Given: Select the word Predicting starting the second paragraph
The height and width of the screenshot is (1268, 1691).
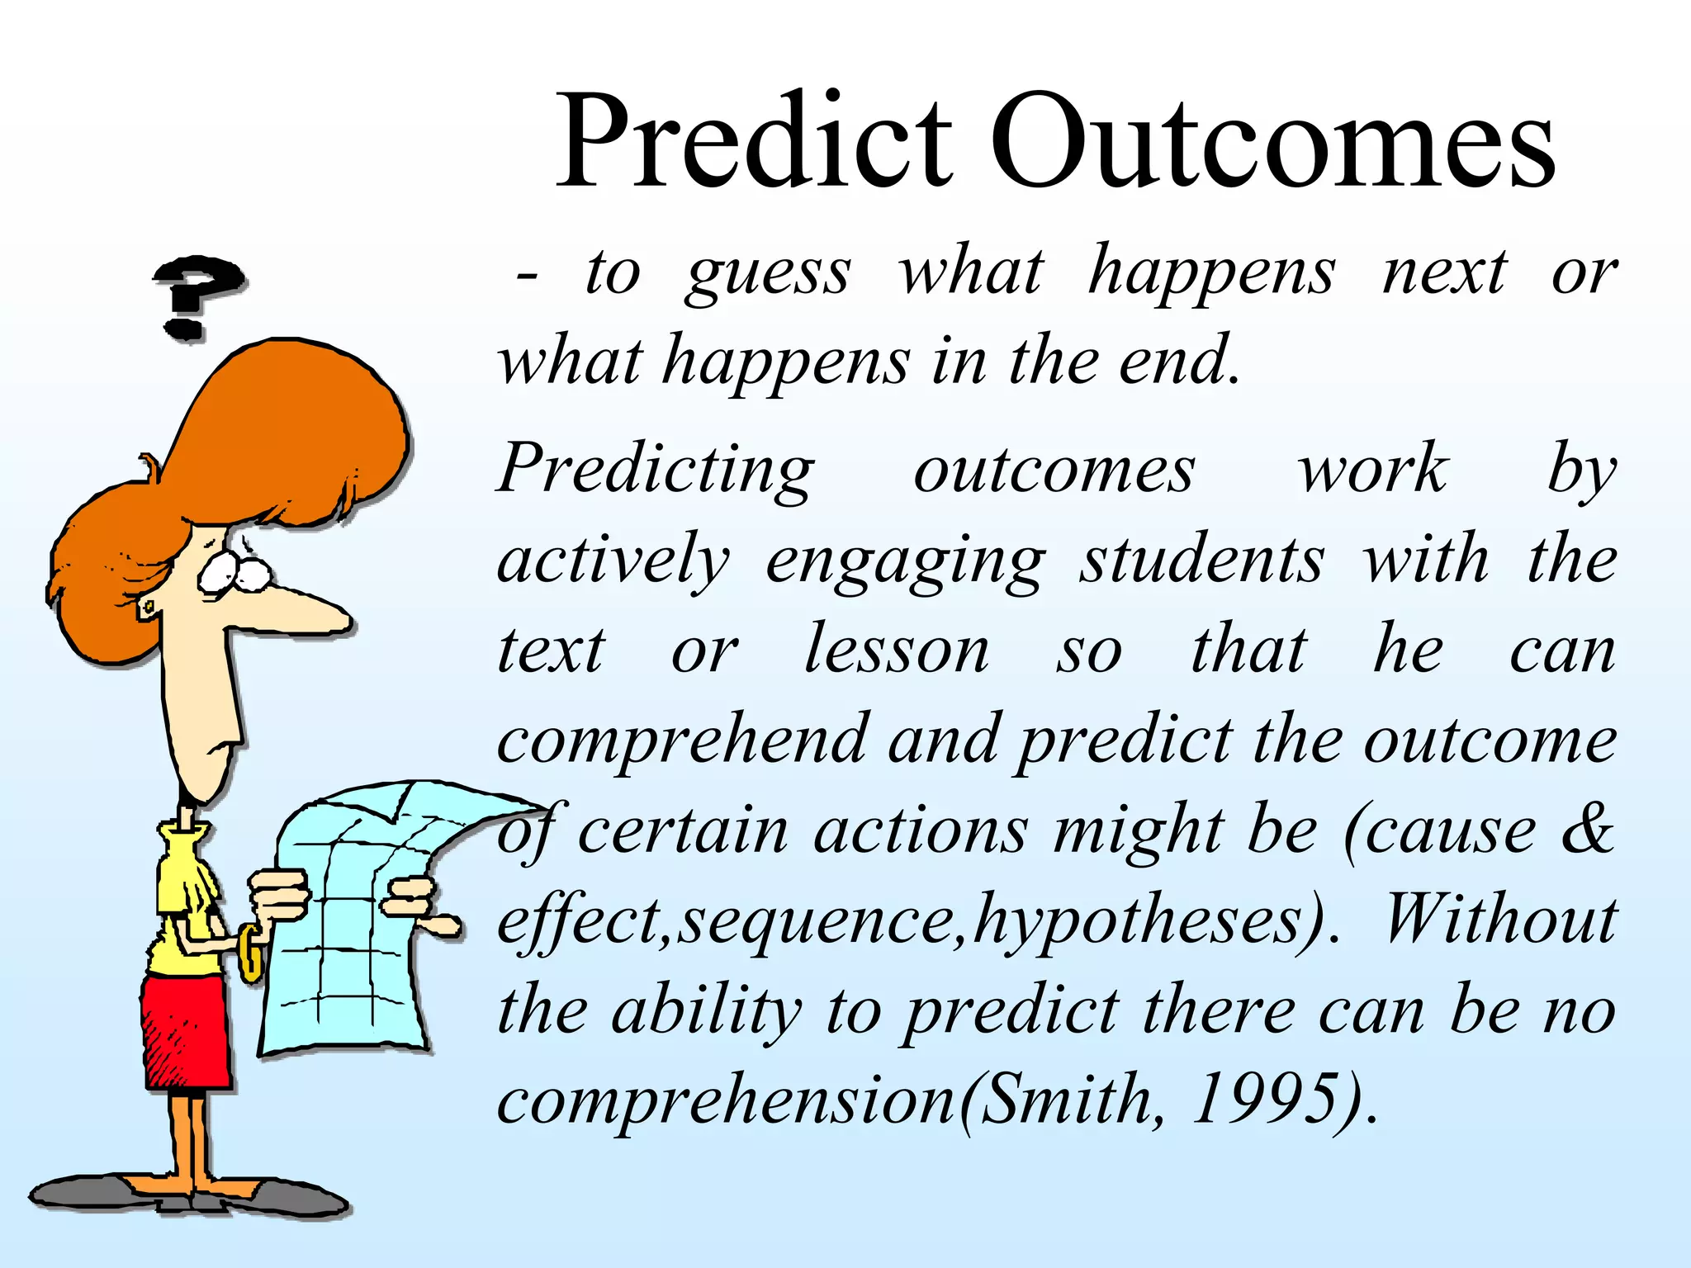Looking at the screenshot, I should [x=656, y=469].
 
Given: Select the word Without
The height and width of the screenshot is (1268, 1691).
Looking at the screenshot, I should [x=1499, y=920].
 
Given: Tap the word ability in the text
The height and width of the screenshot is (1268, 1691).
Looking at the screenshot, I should [x=706, y=1012].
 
